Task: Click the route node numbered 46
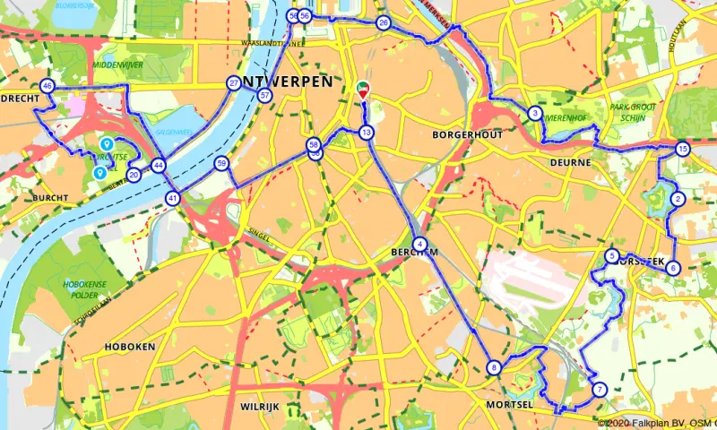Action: click(x=48, y=86)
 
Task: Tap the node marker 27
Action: click(x=234, y=83)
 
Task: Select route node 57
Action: click(x=264, y=95)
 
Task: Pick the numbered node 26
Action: click(x=384, y=23)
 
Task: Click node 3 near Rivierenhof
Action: click(x=534, y=113)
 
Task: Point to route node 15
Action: click(x=683, y=149)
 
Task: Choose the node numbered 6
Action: click(x=673, y=267)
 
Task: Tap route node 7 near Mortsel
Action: click(x=599, y=389)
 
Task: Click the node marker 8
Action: click(x=494, y=367)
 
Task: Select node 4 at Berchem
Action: click(x=419, y=243)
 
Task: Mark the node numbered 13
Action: click(x=367, y=133)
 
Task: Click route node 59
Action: click(x=221, y=163)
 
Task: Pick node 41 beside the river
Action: click(x=172, y=198)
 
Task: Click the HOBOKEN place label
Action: click(x=130, y=347)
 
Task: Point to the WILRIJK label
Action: click(x=261, y=407)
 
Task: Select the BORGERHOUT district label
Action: click(x=464, y=134)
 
